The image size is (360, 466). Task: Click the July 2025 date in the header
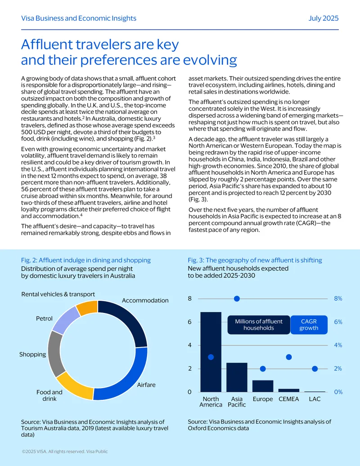[x=324, y=18]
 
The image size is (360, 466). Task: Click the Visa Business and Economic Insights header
[x=79, y=18]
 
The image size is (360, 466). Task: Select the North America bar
[x=211, y=352]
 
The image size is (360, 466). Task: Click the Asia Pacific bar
[x=237, y=377]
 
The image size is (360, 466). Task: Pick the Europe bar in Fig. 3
[x=263, y=386]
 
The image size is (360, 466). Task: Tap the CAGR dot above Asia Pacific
[x=237, y=299]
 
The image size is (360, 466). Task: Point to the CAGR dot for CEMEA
[x=289, y=357]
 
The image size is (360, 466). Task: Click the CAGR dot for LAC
[x=315, y=369]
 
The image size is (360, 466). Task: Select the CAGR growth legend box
[x=309, y=325]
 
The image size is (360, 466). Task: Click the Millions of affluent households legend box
[x=259, y=325]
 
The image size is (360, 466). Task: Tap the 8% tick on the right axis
[x=338, y=299]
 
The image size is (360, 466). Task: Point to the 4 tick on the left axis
[x=190, y=345]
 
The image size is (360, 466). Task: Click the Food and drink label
[x=49, y=395]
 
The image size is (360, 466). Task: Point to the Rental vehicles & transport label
[x=58, y=294]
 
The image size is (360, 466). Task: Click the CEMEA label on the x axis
[x=289, y=399]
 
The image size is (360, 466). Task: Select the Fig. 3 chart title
[x=255, y=260]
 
